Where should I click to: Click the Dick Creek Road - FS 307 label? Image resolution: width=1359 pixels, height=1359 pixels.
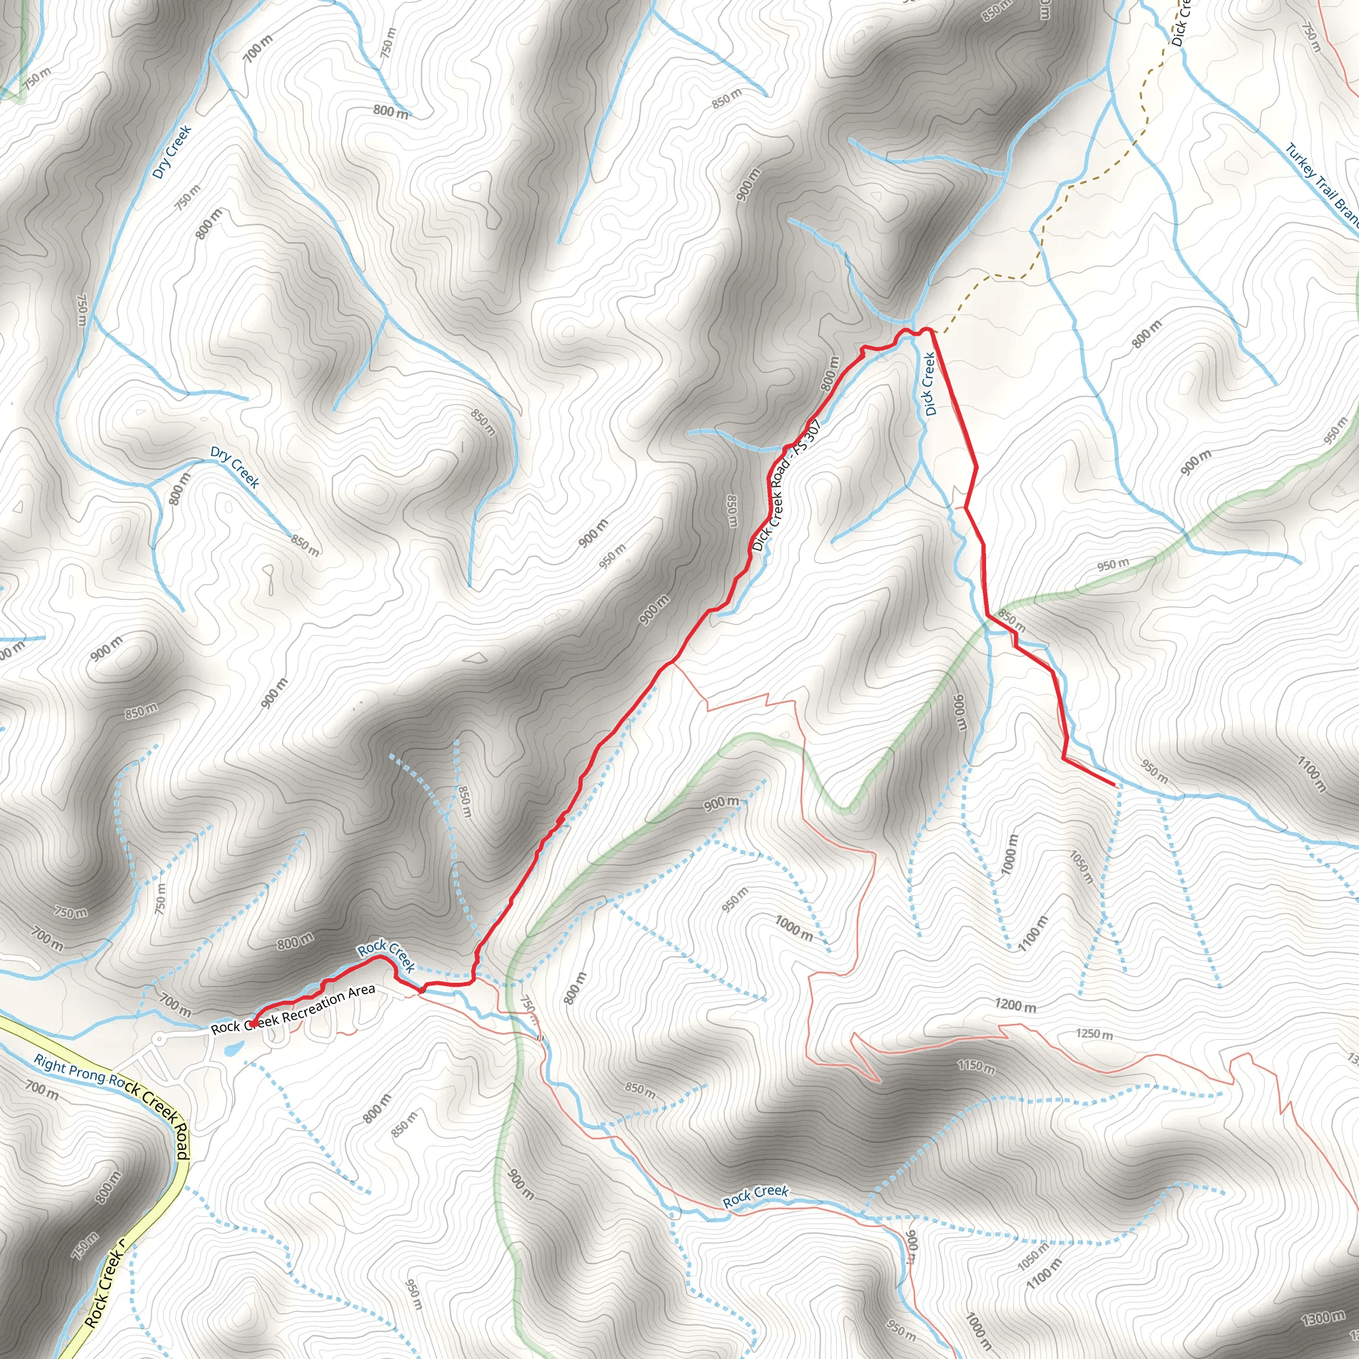pos(786,486)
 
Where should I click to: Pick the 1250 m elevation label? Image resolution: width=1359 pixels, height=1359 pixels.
pos(1094,1034)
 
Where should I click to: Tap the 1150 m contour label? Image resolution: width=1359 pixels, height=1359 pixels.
pos(976,1066)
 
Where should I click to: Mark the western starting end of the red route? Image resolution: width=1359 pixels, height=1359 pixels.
pos(251,1023)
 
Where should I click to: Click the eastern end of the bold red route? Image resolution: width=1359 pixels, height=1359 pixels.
pos(1114,784)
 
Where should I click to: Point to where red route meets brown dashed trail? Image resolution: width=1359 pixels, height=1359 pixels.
pos(932,330)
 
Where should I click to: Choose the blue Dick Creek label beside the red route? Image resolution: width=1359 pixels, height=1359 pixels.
pos(930,384)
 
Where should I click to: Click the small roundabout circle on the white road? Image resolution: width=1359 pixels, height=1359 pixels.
pos(160,1038)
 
